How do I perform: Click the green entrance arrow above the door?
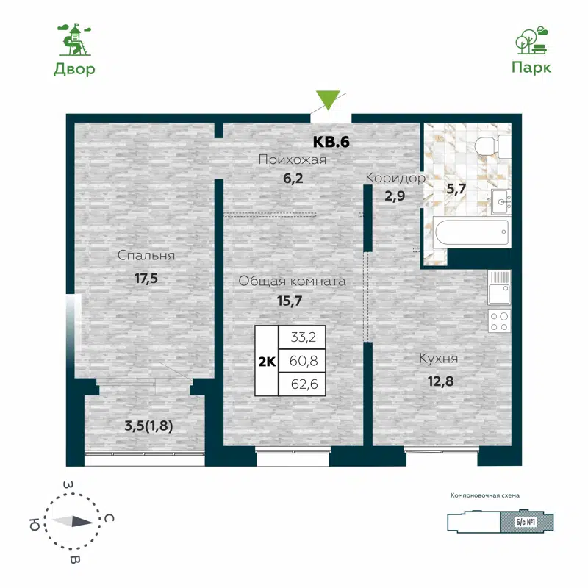click(328, 100)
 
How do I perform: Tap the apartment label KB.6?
click(331, 142)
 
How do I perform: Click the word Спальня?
click(146, 256)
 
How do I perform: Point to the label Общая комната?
click(292, 281)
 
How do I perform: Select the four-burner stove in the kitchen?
click(499, 320)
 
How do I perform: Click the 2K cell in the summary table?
click(266, 361)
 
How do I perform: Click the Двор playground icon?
click(73, 40)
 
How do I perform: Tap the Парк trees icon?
click(531, 41)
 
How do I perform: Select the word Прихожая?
click(292, 159)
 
